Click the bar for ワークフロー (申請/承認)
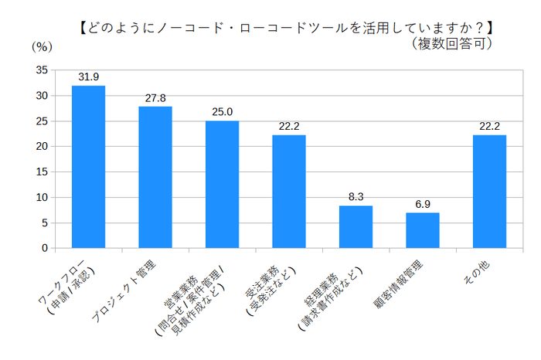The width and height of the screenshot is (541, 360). tap(88, 167)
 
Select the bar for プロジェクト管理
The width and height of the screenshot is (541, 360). tap(155, 178)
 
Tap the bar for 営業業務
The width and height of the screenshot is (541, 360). tap(222, 185)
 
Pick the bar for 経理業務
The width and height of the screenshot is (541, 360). tap(356, 227)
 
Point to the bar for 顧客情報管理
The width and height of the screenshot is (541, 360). tap(423, 230)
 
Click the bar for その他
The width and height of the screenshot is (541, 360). tap(489, 192)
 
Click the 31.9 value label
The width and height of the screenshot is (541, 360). tap(88, 77)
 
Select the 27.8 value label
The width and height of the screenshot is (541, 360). tap(155, 98)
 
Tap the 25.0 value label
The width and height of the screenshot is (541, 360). tap(222, 112)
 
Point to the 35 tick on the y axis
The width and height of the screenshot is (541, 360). tap(41, 70)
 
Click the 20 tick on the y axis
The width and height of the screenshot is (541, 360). tap(41, 147)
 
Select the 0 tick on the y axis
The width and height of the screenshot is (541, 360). tap(44, 249)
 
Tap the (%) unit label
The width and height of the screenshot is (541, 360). tap(41, 46)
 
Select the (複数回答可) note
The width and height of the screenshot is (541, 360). tap(452, 44)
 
